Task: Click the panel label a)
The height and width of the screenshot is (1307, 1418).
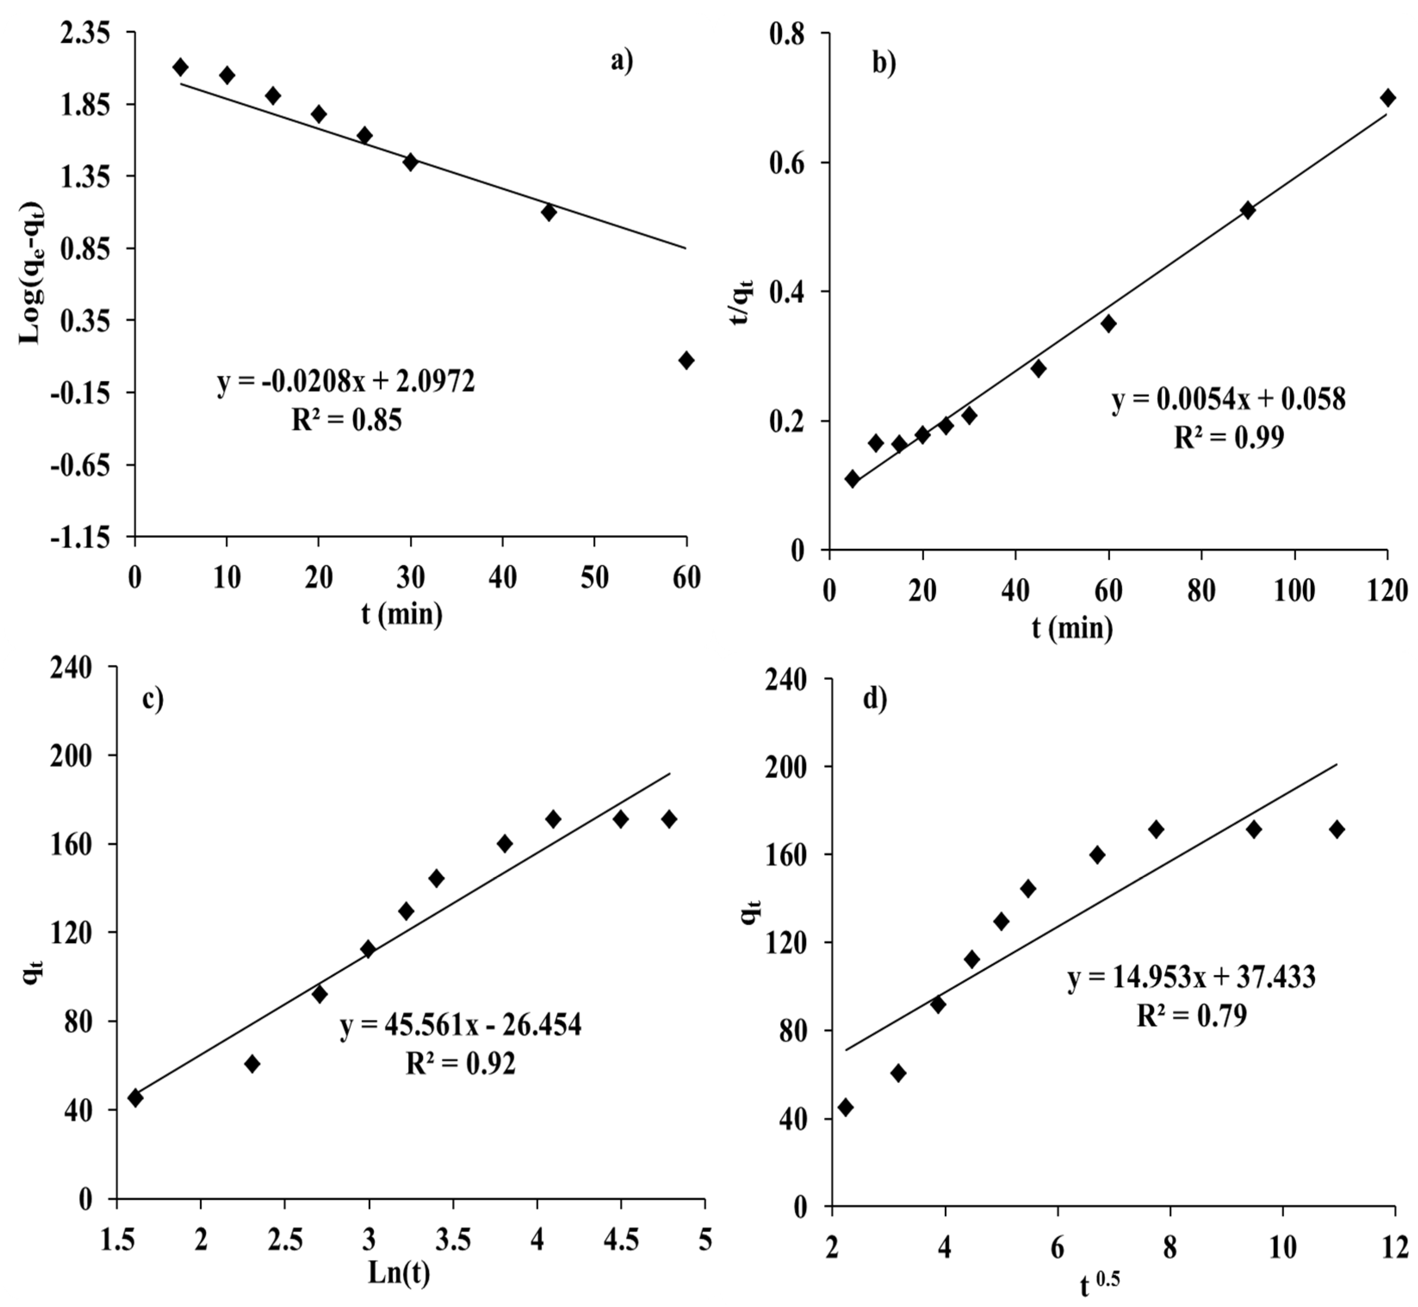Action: pyautogui.click(x=622, y=62)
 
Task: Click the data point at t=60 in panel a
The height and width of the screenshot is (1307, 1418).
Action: pyautogui.click(x=685, y=360)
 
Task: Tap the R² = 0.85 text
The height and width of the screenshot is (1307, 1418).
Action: pyautogui.click(x=347, y=421)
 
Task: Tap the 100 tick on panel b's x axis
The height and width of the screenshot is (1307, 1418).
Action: pyautogui.click(x=1294, y=591)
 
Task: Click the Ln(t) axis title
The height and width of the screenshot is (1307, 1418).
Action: pyautogui.click(x=399, y=1273)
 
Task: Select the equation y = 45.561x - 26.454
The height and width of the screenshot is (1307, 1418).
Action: pyautogui.click(x=461, y=1025)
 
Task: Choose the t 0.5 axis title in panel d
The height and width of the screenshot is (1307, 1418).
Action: pyautogui.click(x=1100, y=1284)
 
